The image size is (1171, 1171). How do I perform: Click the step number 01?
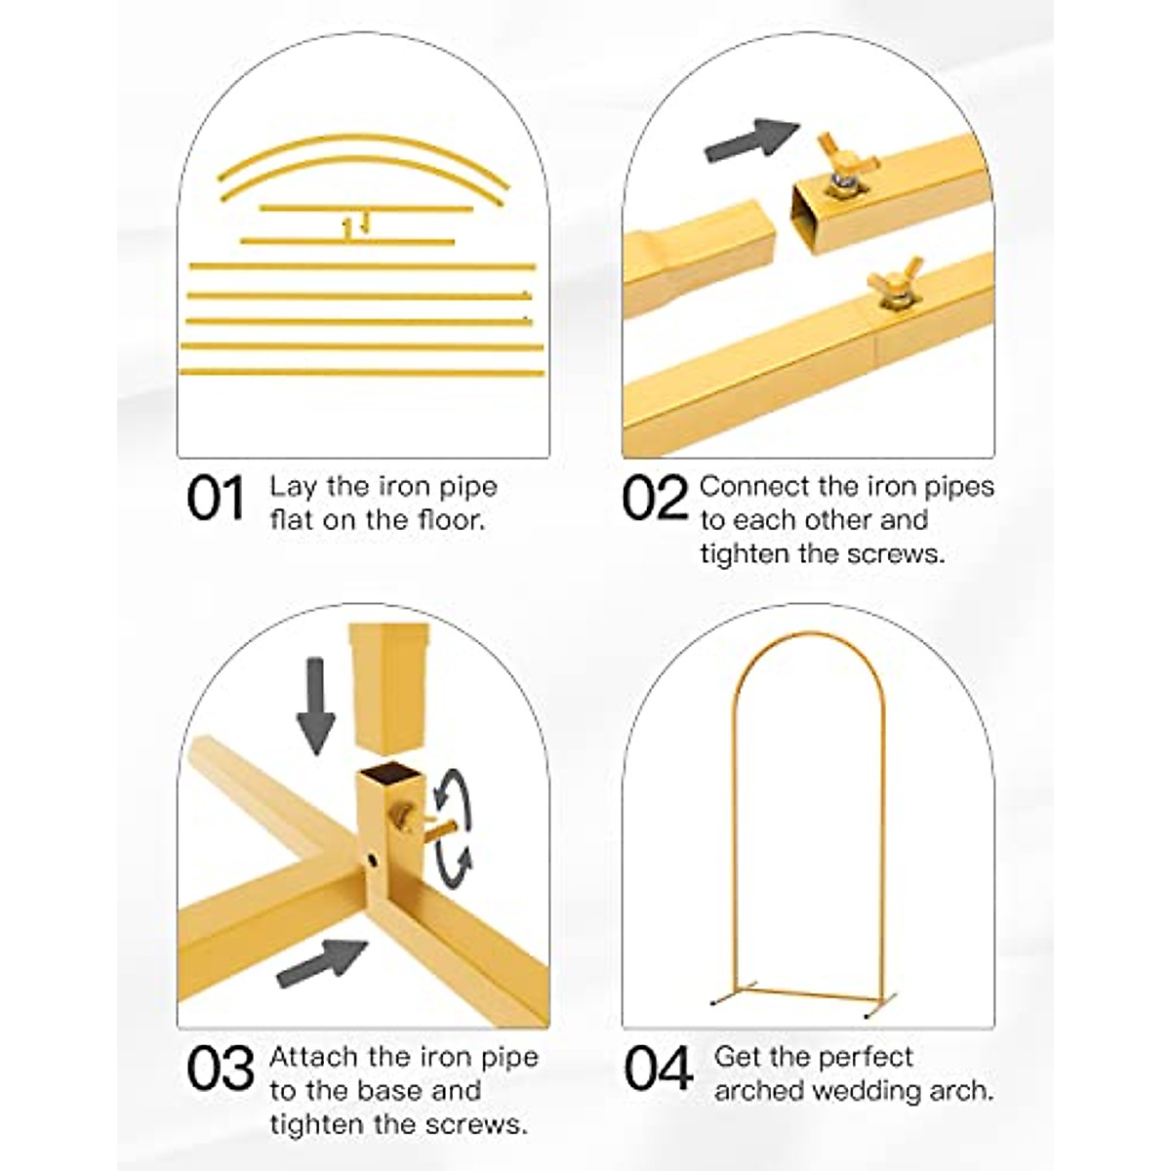point(215,500)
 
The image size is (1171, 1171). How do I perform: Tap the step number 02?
point(656,500)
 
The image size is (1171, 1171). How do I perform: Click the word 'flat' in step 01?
point(292,519)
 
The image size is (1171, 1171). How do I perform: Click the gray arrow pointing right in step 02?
point(750,140)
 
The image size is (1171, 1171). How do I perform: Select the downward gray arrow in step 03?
point(315,705)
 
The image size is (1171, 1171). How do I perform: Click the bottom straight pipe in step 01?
point(361,372)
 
